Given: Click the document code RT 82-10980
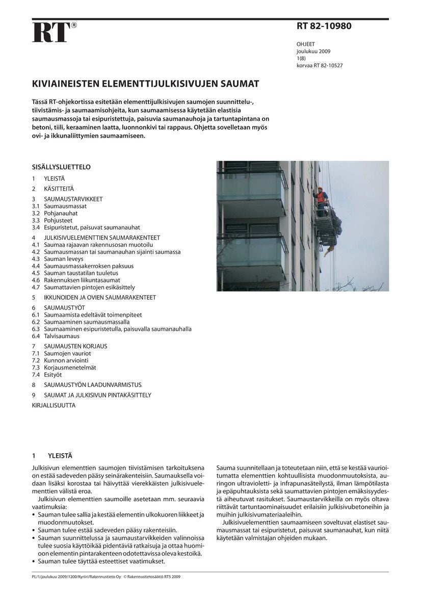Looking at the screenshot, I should click(x=324, y=26).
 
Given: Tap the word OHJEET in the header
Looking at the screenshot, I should click(x=305, y=44).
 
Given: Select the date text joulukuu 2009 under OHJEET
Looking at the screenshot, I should click(x=313, y=51).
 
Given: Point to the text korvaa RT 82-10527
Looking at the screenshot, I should click(x=319, y=66).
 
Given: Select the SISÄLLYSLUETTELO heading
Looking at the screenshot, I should click(x=61, y=167).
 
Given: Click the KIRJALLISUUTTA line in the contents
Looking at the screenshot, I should click(x=54, y=405).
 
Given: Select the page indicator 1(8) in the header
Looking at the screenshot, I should click(x=301, y=59).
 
